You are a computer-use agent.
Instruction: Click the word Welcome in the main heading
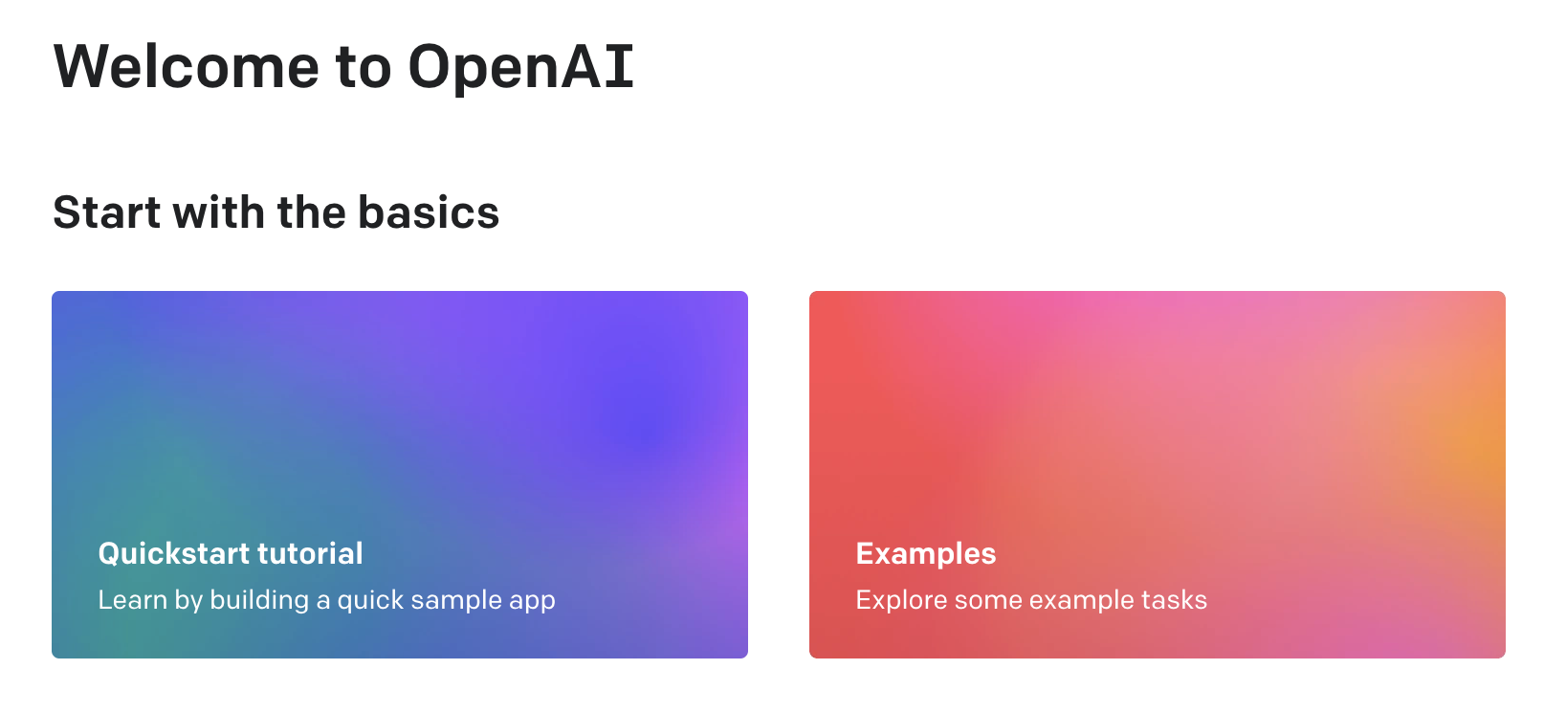tap(187, 67)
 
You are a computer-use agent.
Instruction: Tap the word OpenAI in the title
tap(520, 68)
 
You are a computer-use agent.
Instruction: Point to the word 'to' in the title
tap(364, 68)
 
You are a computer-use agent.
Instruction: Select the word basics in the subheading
tap(428, 212)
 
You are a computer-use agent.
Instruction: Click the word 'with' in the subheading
tap(218, 212)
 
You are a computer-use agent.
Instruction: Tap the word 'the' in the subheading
tap(311, 212)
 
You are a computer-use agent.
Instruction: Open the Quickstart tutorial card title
tap(231, 554)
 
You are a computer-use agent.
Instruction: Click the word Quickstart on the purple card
tap(173, 554)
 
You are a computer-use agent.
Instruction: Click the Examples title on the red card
tap(926, 554)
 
